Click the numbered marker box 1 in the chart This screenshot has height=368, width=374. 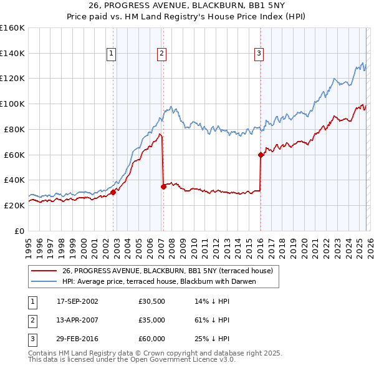coord(111,54)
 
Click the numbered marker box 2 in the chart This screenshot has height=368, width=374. coord(161,54)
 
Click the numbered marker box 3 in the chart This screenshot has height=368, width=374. coord(259,54)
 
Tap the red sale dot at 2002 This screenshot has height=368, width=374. coord(113,192)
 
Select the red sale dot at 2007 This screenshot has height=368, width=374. coord(163,186)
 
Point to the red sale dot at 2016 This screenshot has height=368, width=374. coord(261,155)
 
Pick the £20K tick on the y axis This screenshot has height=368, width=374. coord(14,205)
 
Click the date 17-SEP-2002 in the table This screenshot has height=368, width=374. coord(77,301)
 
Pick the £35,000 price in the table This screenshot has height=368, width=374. coord(152,320)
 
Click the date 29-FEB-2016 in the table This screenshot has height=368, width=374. coord(77,339)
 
